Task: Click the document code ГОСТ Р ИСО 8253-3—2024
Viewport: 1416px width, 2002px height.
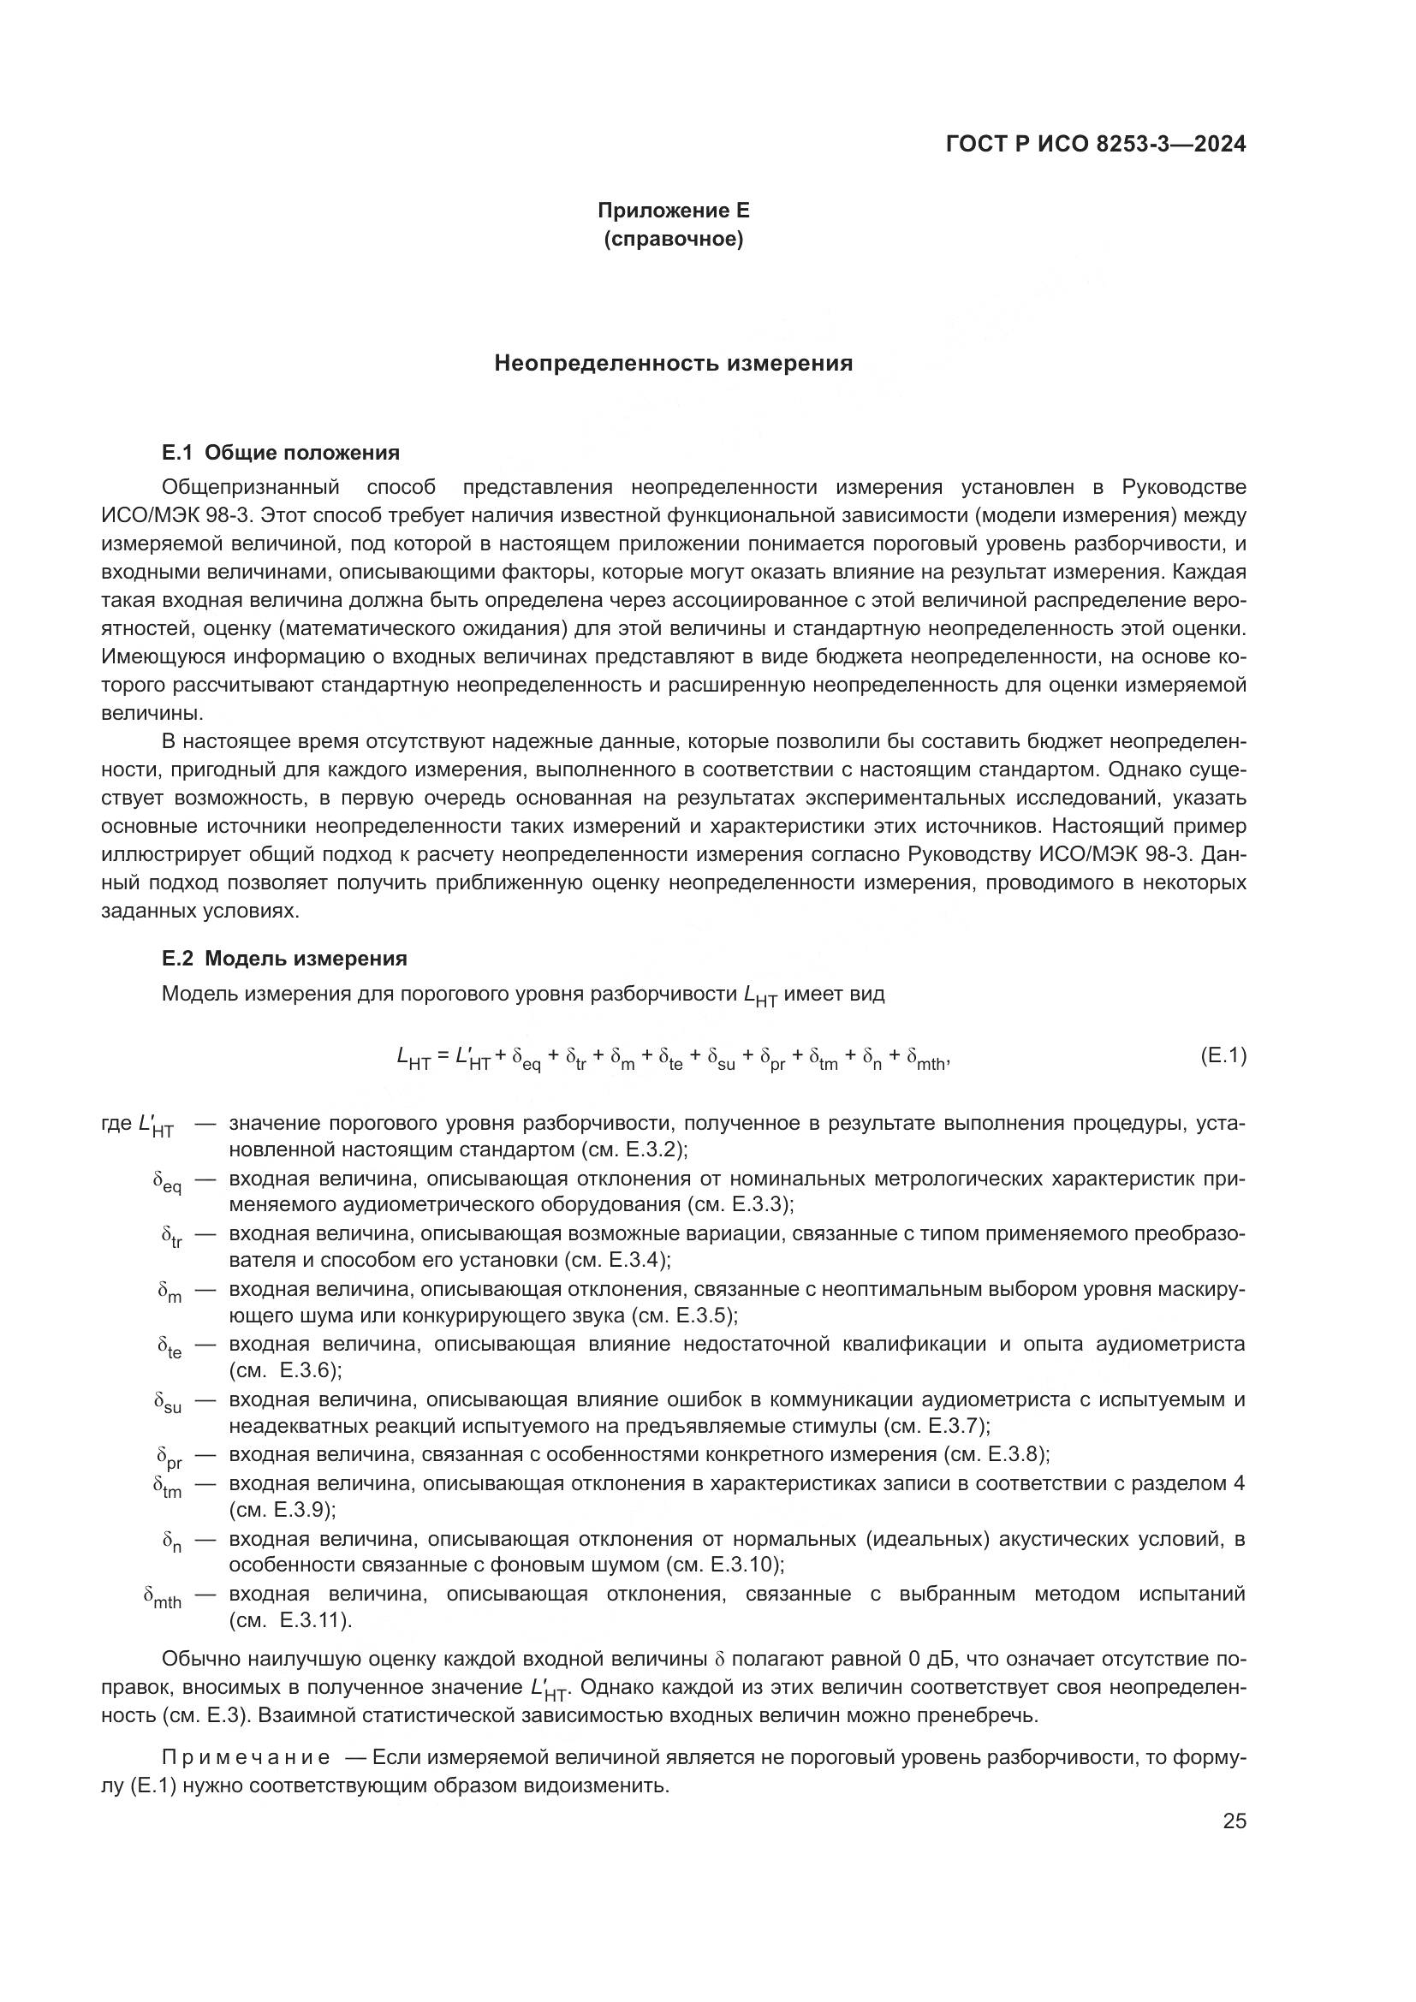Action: pyautogui.click(x=1095, y=145)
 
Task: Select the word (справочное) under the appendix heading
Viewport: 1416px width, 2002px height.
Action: pyautogui.click(x=673, y=239)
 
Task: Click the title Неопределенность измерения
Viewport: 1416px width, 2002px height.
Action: pyautogui.click(x=673, y=364)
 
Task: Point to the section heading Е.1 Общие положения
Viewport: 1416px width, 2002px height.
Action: pyautogui.click(x=281, y=453)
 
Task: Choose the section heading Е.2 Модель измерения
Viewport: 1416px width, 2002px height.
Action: pyautogui.click(x=284, y=959)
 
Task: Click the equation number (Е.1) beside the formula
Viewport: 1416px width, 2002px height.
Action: pyautogui.click(x=1223, y=1056)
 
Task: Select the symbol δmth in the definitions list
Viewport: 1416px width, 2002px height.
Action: pyautogui.click(x=162, y=1596)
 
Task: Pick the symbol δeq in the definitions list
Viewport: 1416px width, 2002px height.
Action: pyautogui.click(x=167, y=1182)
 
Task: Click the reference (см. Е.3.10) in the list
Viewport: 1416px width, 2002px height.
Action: pyautogui.click(x=723, y=1565)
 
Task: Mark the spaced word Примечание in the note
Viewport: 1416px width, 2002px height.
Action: pyautogui.click(x=246, y=1757)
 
